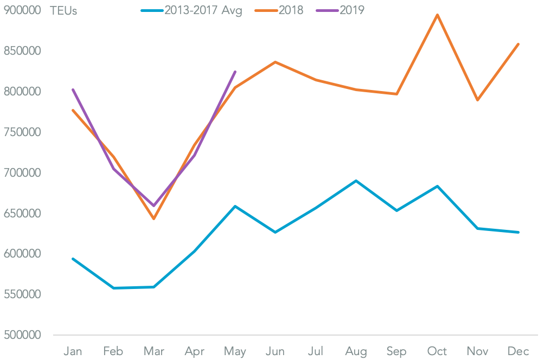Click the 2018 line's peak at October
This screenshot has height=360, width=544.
(437, 15)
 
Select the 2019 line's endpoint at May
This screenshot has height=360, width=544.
(235, 72)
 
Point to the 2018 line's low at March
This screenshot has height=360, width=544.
(153, 218)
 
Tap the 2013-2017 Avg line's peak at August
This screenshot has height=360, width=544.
(356, 181)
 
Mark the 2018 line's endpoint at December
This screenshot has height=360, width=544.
(519, 44)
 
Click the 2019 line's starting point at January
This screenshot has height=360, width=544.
(73, 89)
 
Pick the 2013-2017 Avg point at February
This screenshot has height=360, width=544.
(113, 288)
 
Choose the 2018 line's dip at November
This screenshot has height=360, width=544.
(478, 100)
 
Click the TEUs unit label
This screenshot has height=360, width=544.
(63, 11)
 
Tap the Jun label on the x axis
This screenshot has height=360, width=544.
(275, 351)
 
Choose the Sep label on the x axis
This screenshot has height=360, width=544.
(396, 351)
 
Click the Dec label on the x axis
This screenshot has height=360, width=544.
(519, 351)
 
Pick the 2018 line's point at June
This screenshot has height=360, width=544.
(275, 62)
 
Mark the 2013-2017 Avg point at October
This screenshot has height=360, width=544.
(437, 186)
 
